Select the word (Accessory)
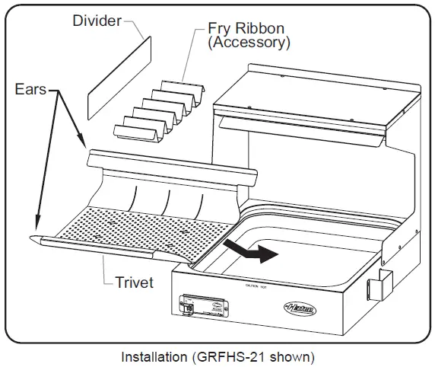(249, 43)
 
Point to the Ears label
(30, 89)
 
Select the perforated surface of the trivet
(144, 228)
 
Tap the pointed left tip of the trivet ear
(37, 241)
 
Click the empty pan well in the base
(304, 244)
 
